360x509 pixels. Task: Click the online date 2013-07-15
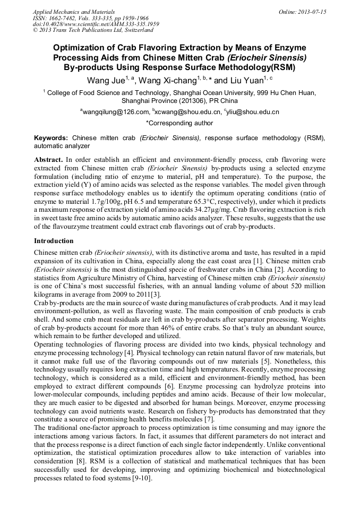pos(312,12)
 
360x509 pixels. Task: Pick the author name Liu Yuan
pos(246,81)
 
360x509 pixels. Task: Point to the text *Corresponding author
pos(179,123)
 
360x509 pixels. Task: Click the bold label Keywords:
pos(51,137)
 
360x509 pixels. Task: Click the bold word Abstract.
pos(48,159)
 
